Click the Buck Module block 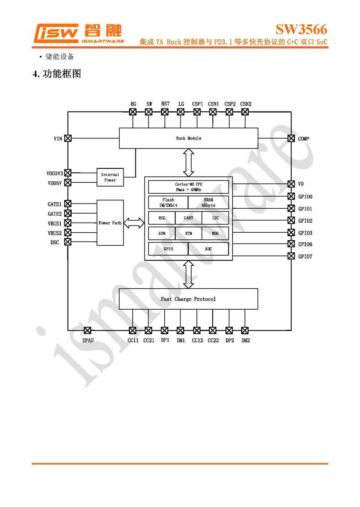188,138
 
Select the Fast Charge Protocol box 188,299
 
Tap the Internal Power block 110,177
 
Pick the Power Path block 110,223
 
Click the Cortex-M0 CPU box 188,187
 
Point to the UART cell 188,218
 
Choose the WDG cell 215,233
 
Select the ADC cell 208,249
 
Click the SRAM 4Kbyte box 208,202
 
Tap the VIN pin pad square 68,138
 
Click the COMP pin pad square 291,138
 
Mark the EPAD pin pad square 87,331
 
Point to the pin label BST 165,104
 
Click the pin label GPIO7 305,256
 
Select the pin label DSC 55,242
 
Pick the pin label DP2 229,340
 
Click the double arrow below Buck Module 188,162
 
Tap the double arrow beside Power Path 134,223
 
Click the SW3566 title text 301,29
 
